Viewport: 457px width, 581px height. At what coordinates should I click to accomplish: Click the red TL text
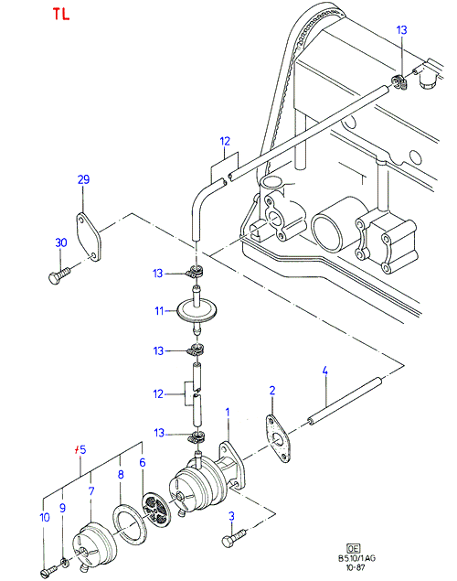tap(61, 14)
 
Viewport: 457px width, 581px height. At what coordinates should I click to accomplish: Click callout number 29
tap(83, 179)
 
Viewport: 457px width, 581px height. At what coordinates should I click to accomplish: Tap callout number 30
tap(61, 242)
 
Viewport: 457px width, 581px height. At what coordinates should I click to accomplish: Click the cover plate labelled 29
tap(88, 237)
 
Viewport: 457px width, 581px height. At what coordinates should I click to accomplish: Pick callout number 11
tap(159, 310)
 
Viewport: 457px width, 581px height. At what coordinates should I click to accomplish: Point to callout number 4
tap(324, 371)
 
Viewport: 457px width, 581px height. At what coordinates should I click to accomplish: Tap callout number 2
tap(272, 390)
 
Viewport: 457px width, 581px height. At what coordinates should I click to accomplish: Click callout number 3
tap(231, 516)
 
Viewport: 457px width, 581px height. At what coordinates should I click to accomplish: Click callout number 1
tap(228, 412)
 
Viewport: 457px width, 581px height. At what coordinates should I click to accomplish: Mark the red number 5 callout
tap(80, 449)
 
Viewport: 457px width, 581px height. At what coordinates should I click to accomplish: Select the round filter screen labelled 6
tap(155, 510)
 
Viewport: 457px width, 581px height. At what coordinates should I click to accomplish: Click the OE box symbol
tap(354, 548)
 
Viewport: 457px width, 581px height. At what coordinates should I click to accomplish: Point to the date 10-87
tap(356, 567)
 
